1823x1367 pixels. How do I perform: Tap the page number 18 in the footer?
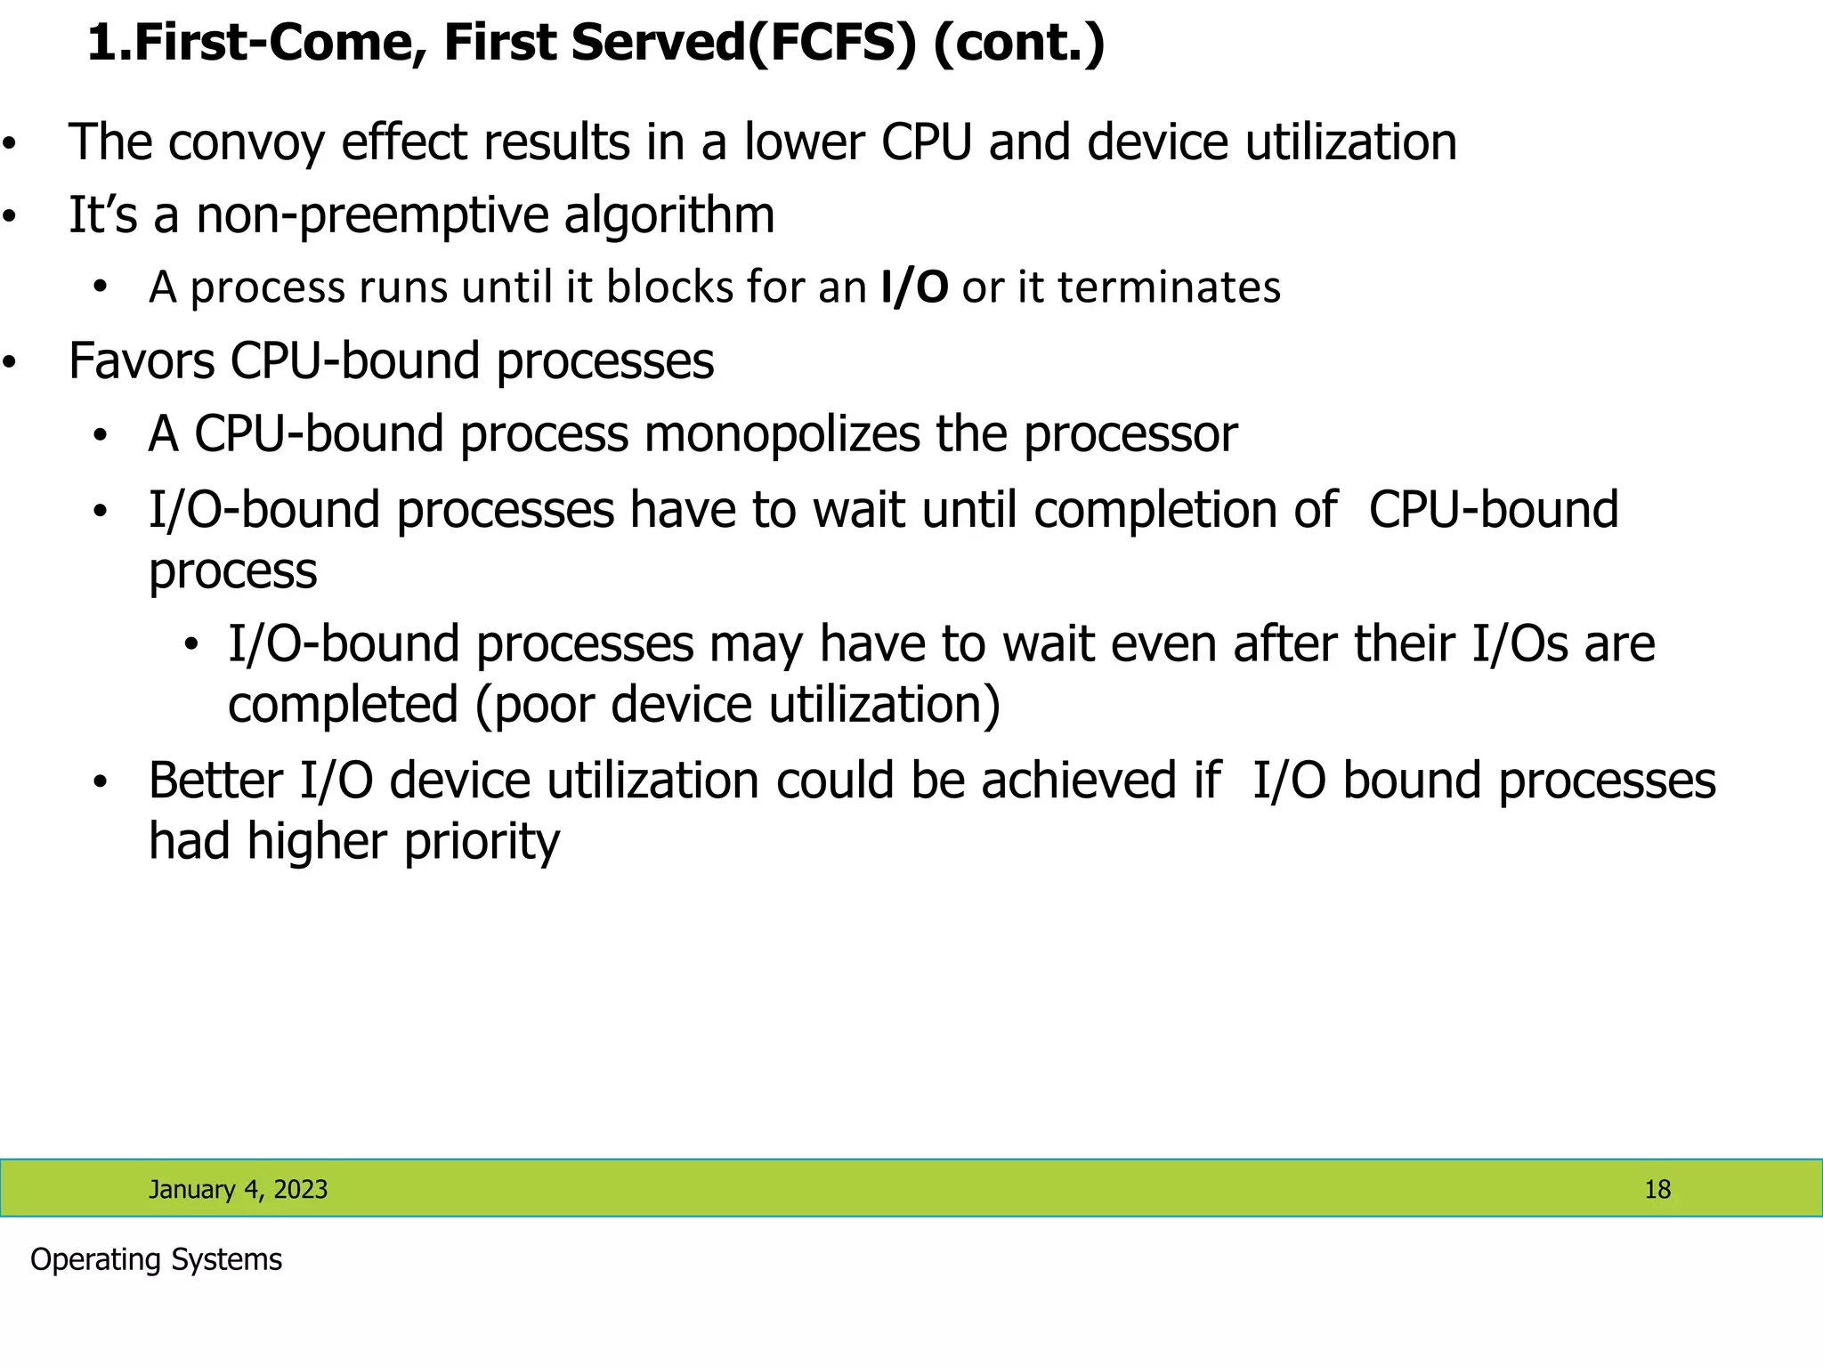(x=1657, y=1190)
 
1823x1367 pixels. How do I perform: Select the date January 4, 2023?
(x=238, y=1190)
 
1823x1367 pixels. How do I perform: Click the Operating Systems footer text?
(x=156, y=1260)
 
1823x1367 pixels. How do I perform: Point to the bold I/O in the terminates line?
(x=914, y=287)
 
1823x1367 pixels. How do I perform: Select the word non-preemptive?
(x=372, y=216)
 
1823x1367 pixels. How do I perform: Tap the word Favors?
(x=142, y=361)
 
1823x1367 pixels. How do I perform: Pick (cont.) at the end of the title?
(x=1018, y=43)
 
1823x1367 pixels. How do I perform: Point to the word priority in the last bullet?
(x=482, y=842)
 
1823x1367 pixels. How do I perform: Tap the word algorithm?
(x=668, y=216)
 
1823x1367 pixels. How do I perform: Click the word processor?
(x=1130, y=434)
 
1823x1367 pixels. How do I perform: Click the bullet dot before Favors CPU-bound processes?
(x=10, y=362)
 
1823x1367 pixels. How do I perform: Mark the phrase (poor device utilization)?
(x=738, y=705)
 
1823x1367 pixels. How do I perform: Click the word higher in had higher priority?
(x=318, y=842)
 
